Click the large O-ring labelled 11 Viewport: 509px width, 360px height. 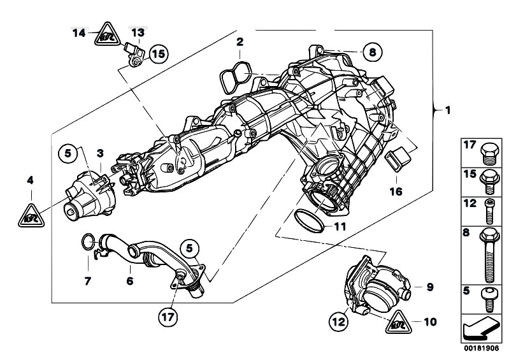(x=313, y=219)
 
